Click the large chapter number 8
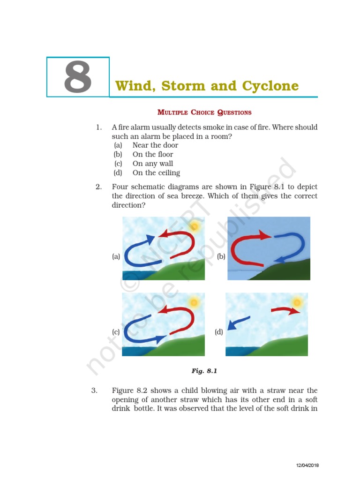pos(77,78)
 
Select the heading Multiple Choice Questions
pos(204,112)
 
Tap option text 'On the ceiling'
pos(156,173)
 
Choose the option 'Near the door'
pos(155,145)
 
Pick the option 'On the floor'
pos(153,154)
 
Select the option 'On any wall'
pos(153,164)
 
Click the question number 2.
pos(98,187)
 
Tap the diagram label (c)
pos(116,332)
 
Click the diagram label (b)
pos(221,256)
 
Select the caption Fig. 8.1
pos(205,371)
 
